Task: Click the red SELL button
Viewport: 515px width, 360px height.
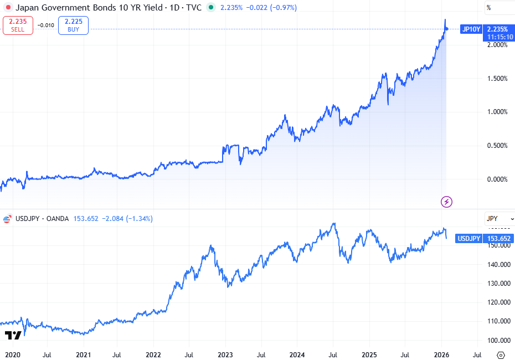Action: click(18, 25)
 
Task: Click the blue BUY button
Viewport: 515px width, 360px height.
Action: click(73, 25)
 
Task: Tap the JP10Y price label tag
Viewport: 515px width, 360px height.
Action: click(471, 29)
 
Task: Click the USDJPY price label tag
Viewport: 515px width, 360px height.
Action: click(468, 239)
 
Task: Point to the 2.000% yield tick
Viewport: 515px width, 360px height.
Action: click(496, 45)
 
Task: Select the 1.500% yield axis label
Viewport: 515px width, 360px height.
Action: click(496, 79)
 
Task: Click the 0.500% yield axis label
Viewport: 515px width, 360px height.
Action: click(496, 146)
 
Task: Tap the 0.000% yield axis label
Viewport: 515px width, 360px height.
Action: click(496, 179)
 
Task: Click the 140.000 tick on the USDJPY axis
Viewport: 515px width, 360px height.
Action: click(498, 264)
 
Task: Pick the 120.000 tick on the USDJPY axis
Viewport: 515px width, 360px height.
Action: click(498, 302)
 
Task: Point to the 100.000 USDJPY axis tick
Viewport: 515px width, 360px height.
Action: click(498, 340)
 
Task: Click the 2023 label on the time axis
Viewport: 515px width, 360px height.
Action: click(225, 354)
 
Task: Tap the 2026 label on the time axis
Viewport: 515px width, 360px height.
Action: click(441, 354)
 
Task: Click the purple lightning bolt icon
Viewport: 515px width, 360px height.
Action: click(446, 201)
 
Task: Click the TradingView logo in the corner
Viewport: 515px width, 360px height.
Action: click(13, 336)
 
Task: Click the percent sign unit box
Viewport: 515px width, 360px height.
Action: click(488, 8)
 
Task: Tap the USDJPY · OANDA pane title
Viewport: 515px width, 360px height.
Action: click(41, 219)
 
